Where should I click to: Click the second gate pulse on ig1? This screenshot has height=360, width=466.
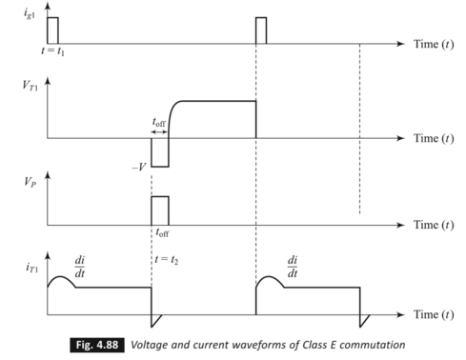click(261, 30)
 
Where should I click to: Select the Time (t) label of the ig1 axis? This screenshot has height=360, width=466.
click(432, 45)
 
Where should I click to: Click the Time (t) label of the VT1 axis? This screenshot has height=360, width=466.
click(432, 139)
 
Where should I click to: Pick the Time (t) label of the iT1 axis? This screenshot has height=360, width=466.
click(432, 313)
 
